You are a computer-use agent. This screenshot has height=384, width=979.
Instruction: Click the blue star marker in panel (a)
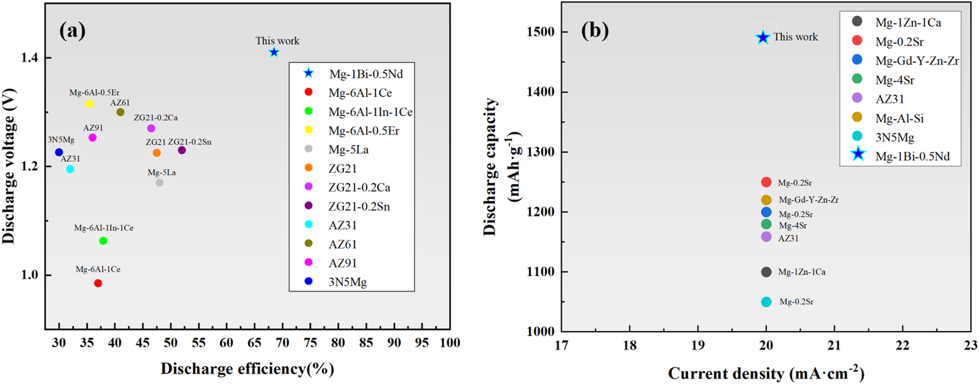pyautogui.click(x=274, y=52)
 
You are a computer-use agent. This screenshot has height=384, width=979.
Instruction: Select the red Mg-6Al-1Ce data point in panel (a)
pyautogui.click(x=98, y=283)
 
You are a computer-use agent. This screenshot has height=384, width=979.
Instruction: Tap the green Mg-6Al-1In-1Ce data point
pyautogui.click(x=103, y=241)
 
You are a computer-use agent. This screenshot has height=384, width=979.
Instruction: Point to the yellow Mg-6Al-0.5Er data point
pyautogui.click(x=90, y=104)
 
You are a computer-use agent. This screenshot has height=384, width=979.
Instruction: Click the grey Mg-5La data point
pyautogui.click(x=159, y=183)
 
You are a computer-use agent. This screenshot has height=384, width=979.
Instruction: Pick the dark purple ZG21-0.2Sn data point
pyautogui.click(x=182, y=150)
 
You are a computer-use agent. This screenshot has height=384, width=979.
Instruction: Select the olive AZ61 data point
pyautogui.click(x=120, y=112)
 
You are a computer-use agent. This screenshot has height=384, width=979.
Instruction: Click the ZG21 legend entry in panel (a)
pyautogui.click(x=342, y=169)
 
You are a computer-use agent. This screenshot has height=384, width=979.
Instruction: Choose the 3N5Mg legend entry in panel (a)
pyautogui.click(x=347, y=282)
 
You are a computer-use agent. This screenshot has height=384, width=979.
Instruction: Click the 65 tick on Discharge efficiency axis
pyautogui.click(x=254, y=343)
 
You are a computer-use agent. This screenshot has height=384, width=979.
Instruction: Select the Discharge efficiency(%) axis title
pyautogui.click(x=247, y=369)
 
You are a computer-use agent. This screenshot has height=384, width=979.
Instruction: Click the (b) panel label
pyautogui.click(x=595, y=31)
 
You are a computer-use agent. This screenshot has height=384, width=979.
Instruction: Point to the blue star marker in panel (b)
pyautogui.click(x=763, y=37)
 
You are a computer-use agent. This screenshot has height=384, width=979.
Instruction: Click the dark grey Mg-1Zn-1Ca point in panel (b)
pyautogui.click(x=766, y=272)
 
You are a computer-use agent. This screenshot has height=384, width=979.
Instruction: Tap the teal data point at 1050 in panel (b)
pyautogui.click(x=766, y=302)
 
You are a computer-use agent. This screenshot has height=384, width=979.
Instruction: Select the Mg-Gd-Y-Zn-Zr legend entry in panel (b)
pyautogui.click(x=917, y=61)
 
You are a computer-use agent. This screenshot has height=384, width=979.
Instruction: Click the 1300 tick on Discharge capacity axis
pyautogui.click(x=541, y=152)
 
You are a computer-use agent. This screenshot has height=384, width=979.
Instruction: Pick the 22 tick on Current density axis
pyautogui.click(x=902, y=346)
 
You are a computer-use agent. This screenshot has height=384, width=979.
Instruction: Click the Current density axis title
pyautogui.click(x=766, y=374)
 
